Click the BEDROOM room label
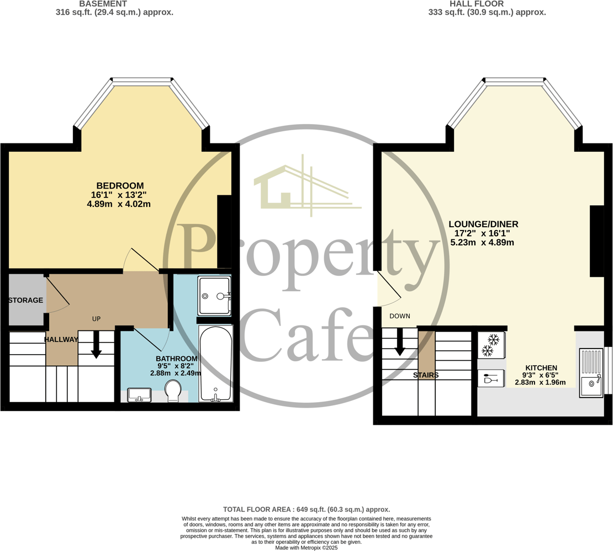tap(120, 186)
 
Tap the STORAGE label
tap(26, 300)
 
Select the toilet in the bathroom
tap(173, 391)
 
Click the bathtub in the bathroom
tap(216, 364)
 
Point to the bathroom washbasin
tap(140, 395)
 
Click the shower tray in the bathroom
tap(214, 296)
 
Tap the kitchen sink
tap(591, 373)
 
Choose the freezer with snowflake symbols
tap(492, 345)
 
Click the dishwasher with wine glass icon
tap(491, 378)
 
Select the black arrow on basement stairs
tap(96, 345)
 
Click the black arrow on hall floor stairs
tap(399, 342)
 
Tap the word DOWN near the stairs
tap(400, 316)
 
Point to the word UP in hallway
tap(96, 319)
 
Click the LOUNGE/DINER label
tap(483, 224)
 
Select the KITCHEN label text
tap(541, 368)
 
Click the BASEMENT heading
tap(103, 4)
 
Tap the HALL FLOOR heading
tap(477, 4)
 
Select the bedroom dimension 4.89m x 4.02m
tap(119, 204)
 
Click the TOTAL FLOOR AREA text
tap(306, 510)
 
